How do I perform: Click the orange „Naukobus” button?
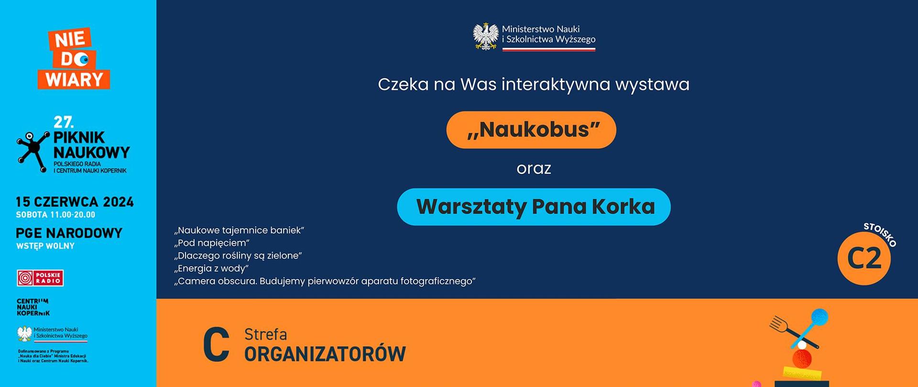[531, 130]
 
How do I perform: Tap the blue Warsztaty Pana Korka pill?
[534, 207]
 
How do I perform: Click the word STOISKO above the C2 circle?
[880, 235]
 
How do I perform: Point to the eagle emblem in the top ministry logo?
[485, 36]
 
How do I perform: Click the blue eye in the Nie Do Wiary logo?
[84, 60]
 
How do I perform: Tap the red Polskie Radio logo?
[40, 278]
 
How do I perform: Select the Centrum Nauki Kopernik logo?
[33, 307]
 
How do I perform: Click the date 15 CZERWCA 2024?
[75, 202]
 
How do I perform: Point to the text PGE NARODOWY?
[69, 233]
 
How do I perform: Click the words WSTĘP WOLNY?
[45, 246]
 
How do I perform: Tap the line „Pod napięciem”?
[212, 243]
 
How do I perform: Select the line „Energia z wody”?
[211, 269]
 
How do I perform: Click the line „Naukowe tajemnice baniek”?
[239, 230]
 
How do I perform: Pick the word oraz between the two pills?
[534, 169]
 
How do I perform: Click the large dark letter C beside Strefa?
[216, 344]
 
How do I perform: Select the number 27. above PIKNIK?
[64, 122]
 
